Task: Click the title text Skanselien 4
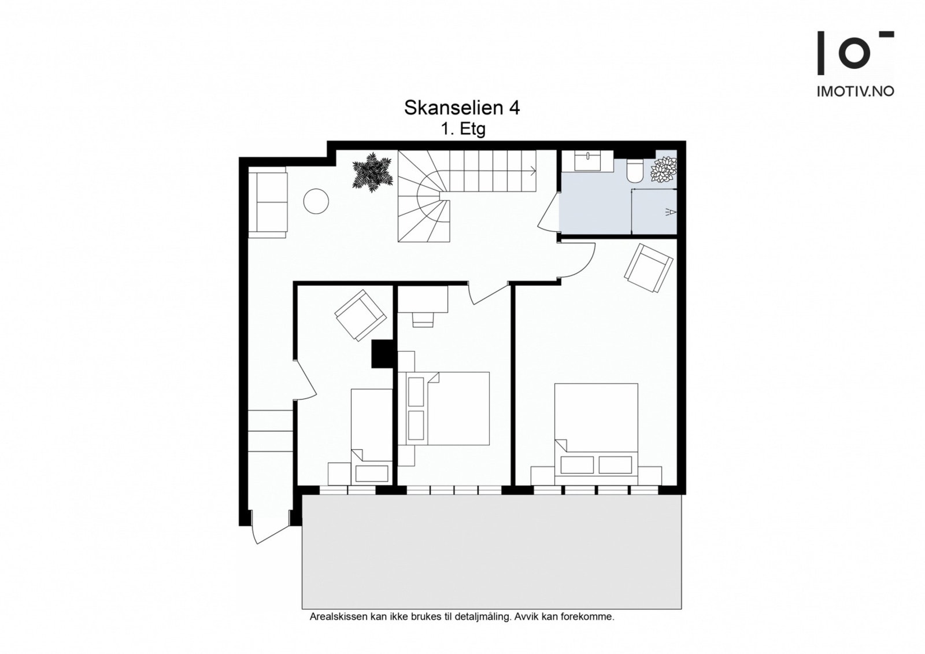[x=462, y=108]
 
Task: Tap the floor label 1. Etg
[x=463, y=130]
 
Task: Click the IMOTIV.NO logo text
[x=856, y=91]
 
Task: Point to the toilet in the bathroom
[x=635, y=171]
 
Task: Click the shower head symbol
[x=671, y=212]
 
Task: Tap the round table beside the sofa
[x=316, y=201]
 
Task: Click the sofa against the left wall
[x=267, y=202]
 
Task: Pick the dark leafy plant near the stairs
[x=372, y=172]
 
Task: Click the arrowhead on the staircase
[x=534, y=170]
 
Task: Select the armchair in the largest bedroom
[x=648, y=268]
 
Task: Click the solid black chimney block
[x=382, y=354]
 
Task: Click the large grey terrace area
[x=492, y=552]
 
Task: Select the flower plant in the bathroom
[x=664, y=169]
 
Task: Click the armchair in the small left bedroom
[x=361, y=315]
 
